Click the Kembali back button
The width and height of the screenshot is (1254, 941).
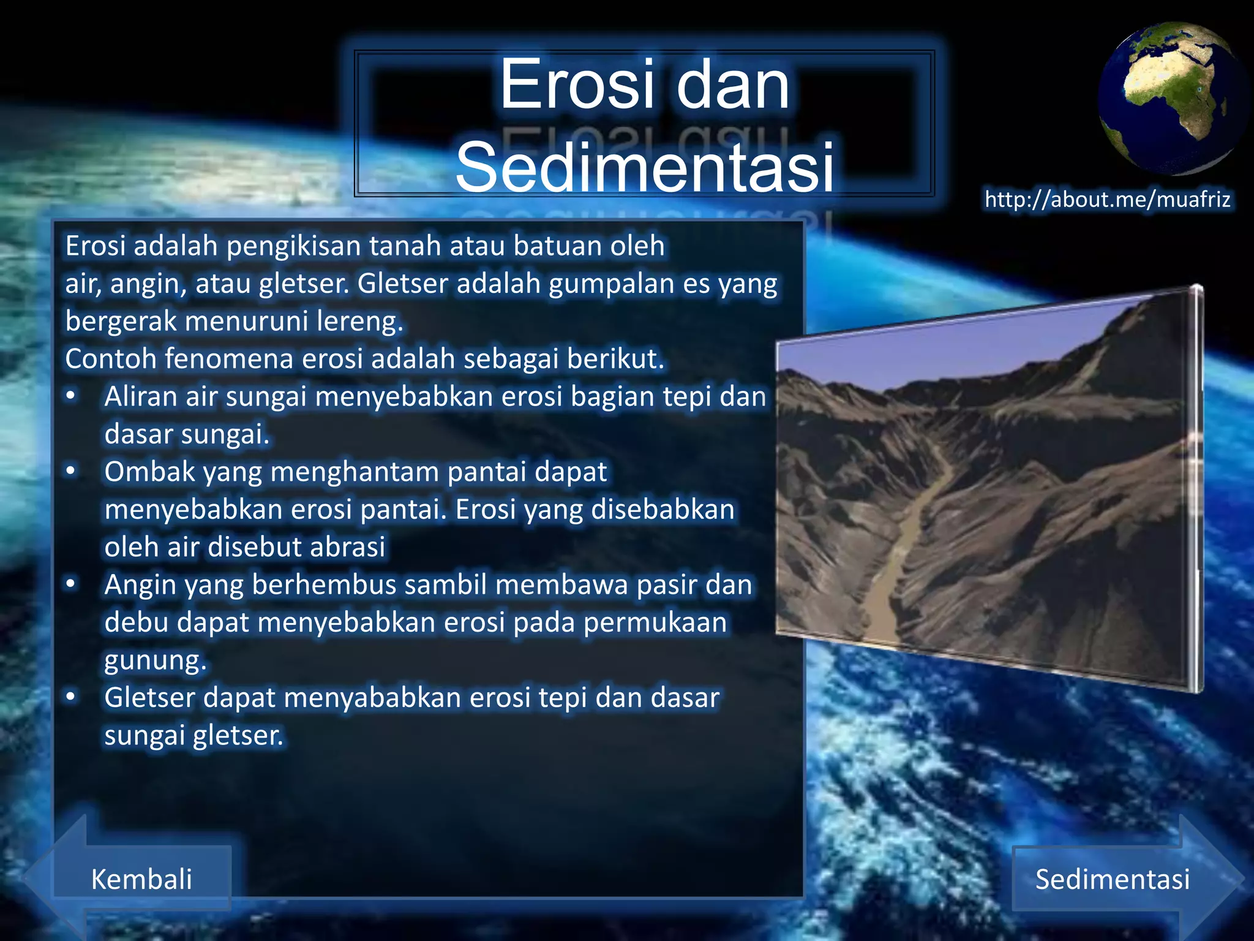[x=141, y=879]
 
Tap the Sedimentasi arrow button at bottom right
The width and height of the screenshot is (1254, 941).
[x=1112, y=879]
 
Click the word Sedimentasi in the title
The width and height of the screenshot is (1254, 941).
[x=644, y=167]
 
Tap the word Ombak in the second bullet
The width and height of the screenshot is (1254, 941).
[x=149, y=472]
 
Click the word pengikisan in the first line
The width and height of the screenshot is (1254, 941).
[x=293, y=246]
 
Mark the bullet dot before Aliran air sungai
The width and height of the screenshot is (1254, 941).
[x=71, y=396]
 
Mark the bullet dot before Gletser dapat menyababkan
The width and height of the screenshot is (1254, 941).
[x=71, y=697]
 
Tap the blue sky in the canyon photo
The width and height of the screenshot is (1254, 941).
[x=918, y=349]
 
